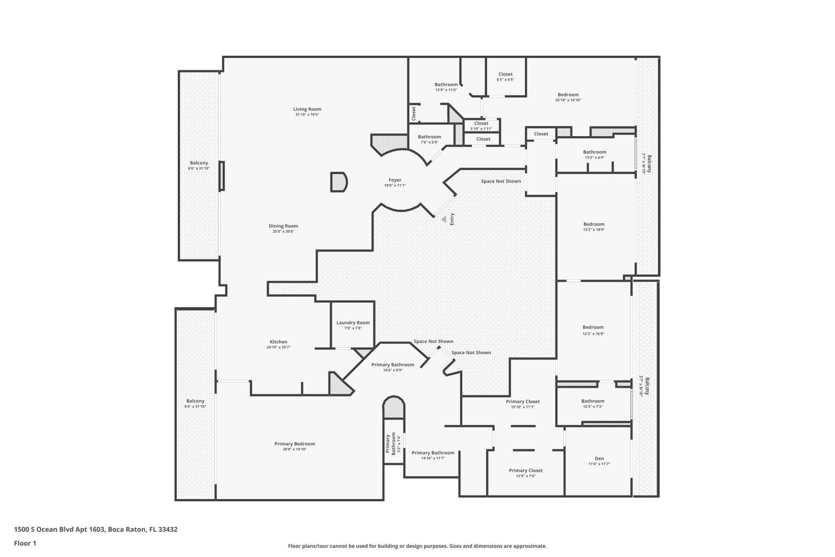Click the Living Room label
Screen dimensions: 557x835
(307, 109)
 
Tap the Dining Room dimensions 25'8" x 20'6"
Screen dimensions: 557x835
(283, 232)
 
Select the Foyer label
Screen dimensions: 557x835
(395, 180)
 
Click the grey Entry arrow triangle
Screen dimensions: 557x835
(443, 219)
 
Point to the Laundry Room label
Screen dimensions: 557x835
(353, 322)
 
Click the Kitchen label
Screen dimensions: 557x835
(278, 342)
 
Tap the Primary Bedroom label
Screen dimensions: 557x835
(294, 444)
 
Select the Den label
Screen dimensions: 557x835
(599, 458)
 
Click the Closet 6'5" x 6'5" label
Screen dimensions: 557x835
(505, 74)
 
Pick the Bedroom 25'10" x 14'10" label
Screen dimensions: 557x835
(568, 95)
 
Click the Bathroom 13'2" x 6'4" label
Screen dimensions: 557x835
(594, 152)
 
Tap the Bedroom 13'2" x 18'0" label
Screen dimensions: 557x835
(594, 225)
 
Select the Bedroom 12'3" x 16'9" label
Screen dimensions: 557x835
(593, 327)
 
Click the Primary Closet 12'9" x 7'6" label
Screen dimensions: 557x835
(525, 470)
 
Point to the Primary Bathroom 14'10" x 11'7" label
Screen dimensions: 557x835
(433, 453)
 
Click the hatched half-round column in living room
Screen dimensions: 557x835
(338, 182)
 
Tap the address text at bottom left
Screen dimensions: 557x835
(96, 530)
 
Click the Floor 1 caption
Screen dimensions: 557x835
(25, 543)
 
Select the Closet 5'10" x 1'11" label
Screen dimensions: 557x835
(481, 124)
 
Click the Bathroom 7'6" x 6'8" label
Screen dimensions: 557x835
(429, 137)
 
